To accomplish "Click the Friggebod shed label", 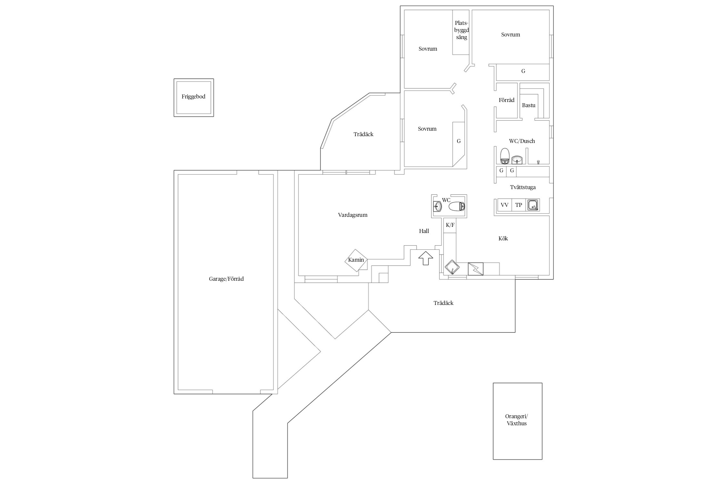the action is pyautogui.click(x=193, y=96).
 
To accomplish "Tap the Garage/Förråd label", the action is pyautogui.click(x=226, y=279).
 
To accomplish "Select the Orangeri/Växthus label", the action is pyautogui.click(x=517, y=420).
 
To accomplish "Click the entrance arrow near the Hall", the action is pyautogui.click(x=426, y=258).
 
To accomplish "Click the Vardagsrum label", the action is pyautogui.click(x=353, y=215).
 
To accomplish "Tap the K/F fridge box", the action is pyautogui.click(x=450, y=225).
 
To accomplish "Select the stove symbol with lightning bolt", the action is pyautogui.click(x=476, y=269).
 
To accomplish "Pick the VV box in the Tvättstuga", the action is pyautogui.click(x=505, y=205).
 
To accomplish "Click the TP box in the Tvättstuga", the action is pyautogui.click(x=519, y=205).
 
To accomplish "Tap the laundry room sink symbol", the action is pyautogui.click(x=533, y=205).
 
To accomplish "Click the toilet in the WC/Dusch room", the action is pyautogui.click(x=505, y=156).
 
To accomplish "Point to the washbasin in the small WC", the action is pyautogui.click(x=438, y=206).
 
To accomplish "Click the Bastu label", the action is pyautogui.click(x=529, y=105).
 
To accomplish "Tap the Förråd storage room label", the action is pyautogui.click(x=507, y=100).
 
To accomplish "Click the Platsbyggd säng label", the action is pyautogui.click(x=461, y=30).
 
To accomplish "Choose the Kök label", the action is pyautogui.click(x=503, y=238).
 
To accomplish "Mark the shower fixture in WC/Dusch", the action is pyautogui.click(x=538, y=162).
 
